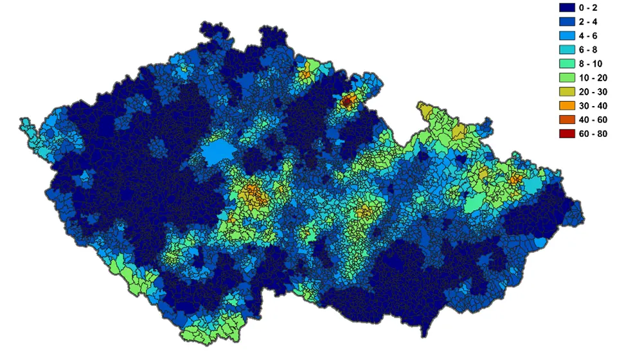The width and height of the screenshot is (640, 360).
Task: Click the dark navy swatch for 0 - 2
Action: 567,8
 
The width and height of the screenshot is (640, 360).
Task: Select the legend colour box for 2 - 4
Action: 567,22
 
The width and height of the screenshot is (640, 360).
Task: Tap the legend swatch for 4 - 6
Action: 567,36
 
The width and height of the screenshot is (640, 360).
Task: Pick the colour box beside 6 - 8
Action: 567,50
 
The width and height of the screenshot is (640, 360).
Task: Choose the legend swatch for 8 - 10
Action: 567,64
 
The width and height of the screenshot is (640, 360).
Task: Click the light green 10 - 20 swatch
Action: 567,78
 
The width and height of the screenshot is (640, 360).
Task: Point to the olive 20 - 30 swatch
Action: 567,92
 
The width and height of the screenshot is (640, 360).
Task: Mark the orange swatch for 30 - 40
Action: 567,105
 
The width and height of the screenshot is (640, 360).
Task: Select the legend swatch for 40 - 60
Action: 567,120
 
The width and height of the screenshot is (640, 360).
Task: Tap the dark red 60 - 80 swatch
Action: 567,134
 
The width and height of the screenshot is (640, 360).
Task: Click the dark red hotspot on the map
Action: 348,101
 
